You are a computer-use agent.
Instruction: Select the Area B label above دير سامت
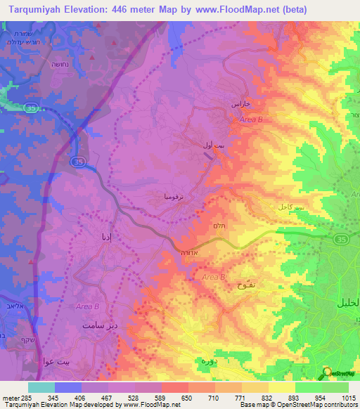87,308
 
